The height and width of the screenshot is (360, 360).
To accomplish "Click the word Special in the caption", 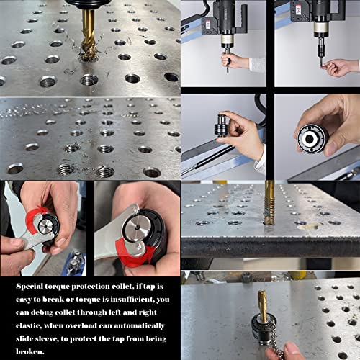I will point(33,286).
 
